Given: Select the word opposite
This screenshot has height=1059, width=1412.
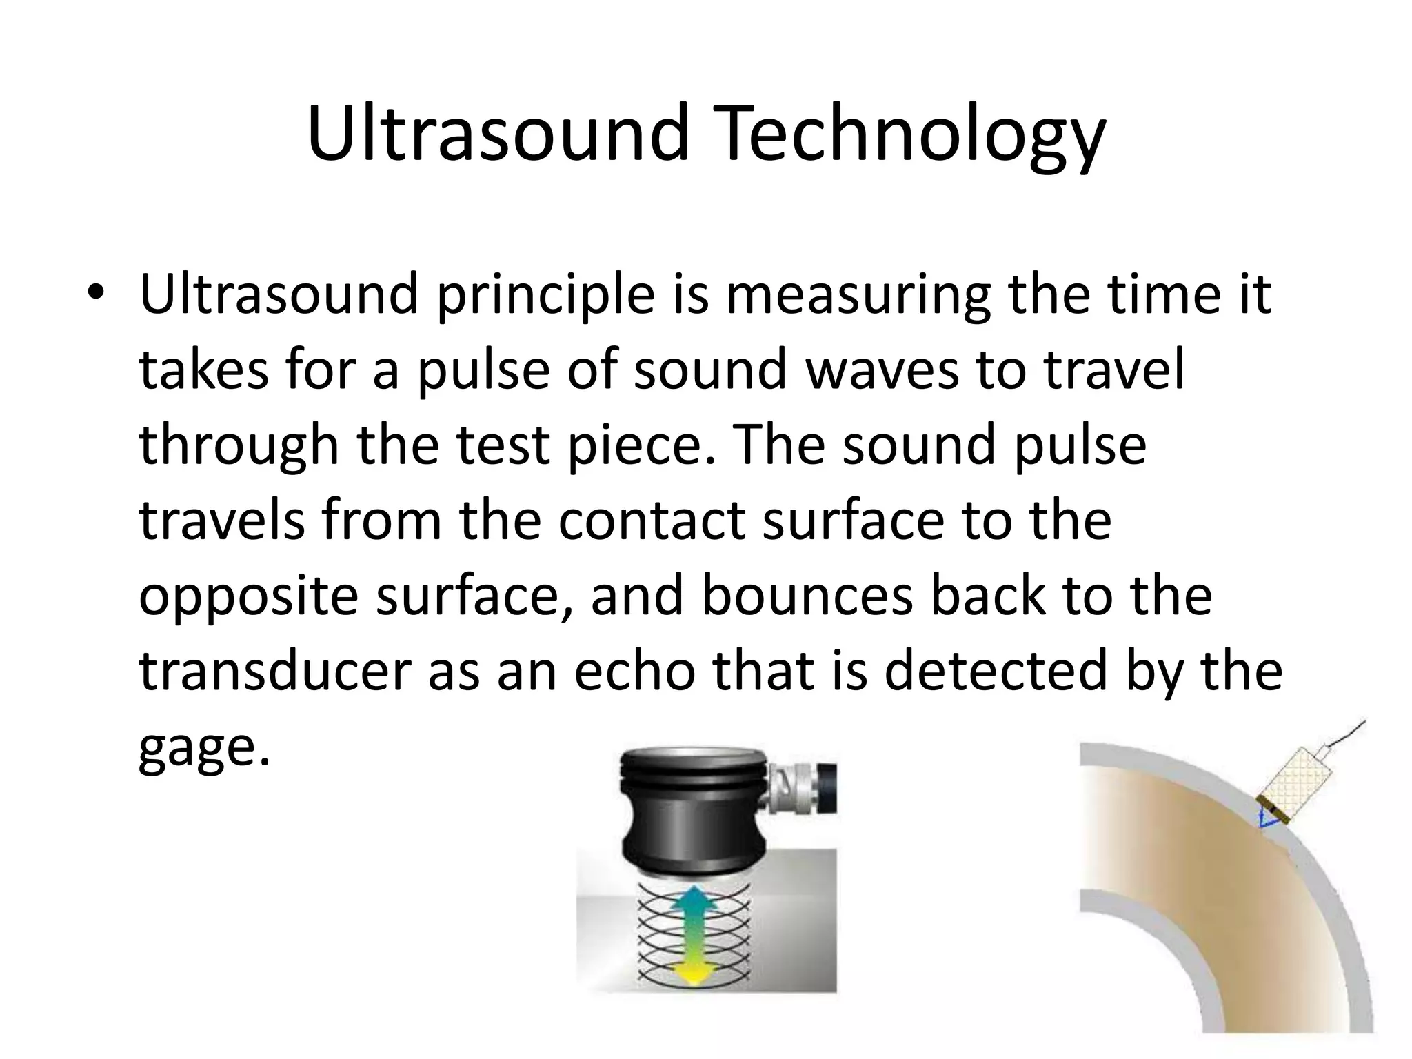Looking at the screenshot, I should click(248, 597).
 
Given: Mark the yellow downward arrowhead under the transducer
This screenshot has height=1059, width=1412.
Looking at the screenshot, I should click(696, 974).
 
